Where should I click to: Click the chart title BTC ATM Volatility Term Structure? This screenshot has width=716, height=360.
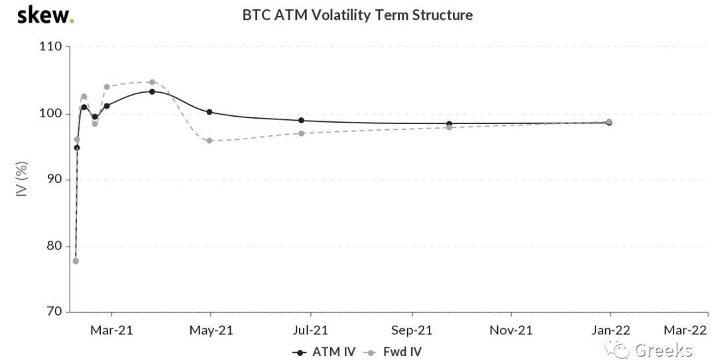coord(357,15)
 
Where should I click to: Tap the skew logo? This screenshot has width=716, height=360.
coord(44,15)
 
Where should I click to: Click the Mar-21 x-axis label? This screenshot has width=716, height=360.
coord(111,330)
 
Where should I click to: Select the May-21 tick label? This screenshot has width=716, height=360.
coord(211,330)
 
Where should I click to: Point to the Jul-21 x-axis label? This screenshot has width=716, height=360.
coord(311,330)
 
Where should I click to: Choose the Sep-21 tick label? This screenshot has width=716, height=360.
coord(412,330)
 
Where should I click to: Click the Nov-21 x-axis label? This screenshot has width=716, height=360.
coord(511,330)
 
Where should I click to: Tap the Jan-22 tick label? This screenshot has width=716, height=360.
coord(611,330)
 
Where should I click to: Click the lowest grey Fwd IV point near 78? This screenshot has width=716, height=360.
coord(76,261)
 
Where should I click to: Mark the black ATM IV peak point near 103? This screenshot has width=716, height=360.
coord(152,91)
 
